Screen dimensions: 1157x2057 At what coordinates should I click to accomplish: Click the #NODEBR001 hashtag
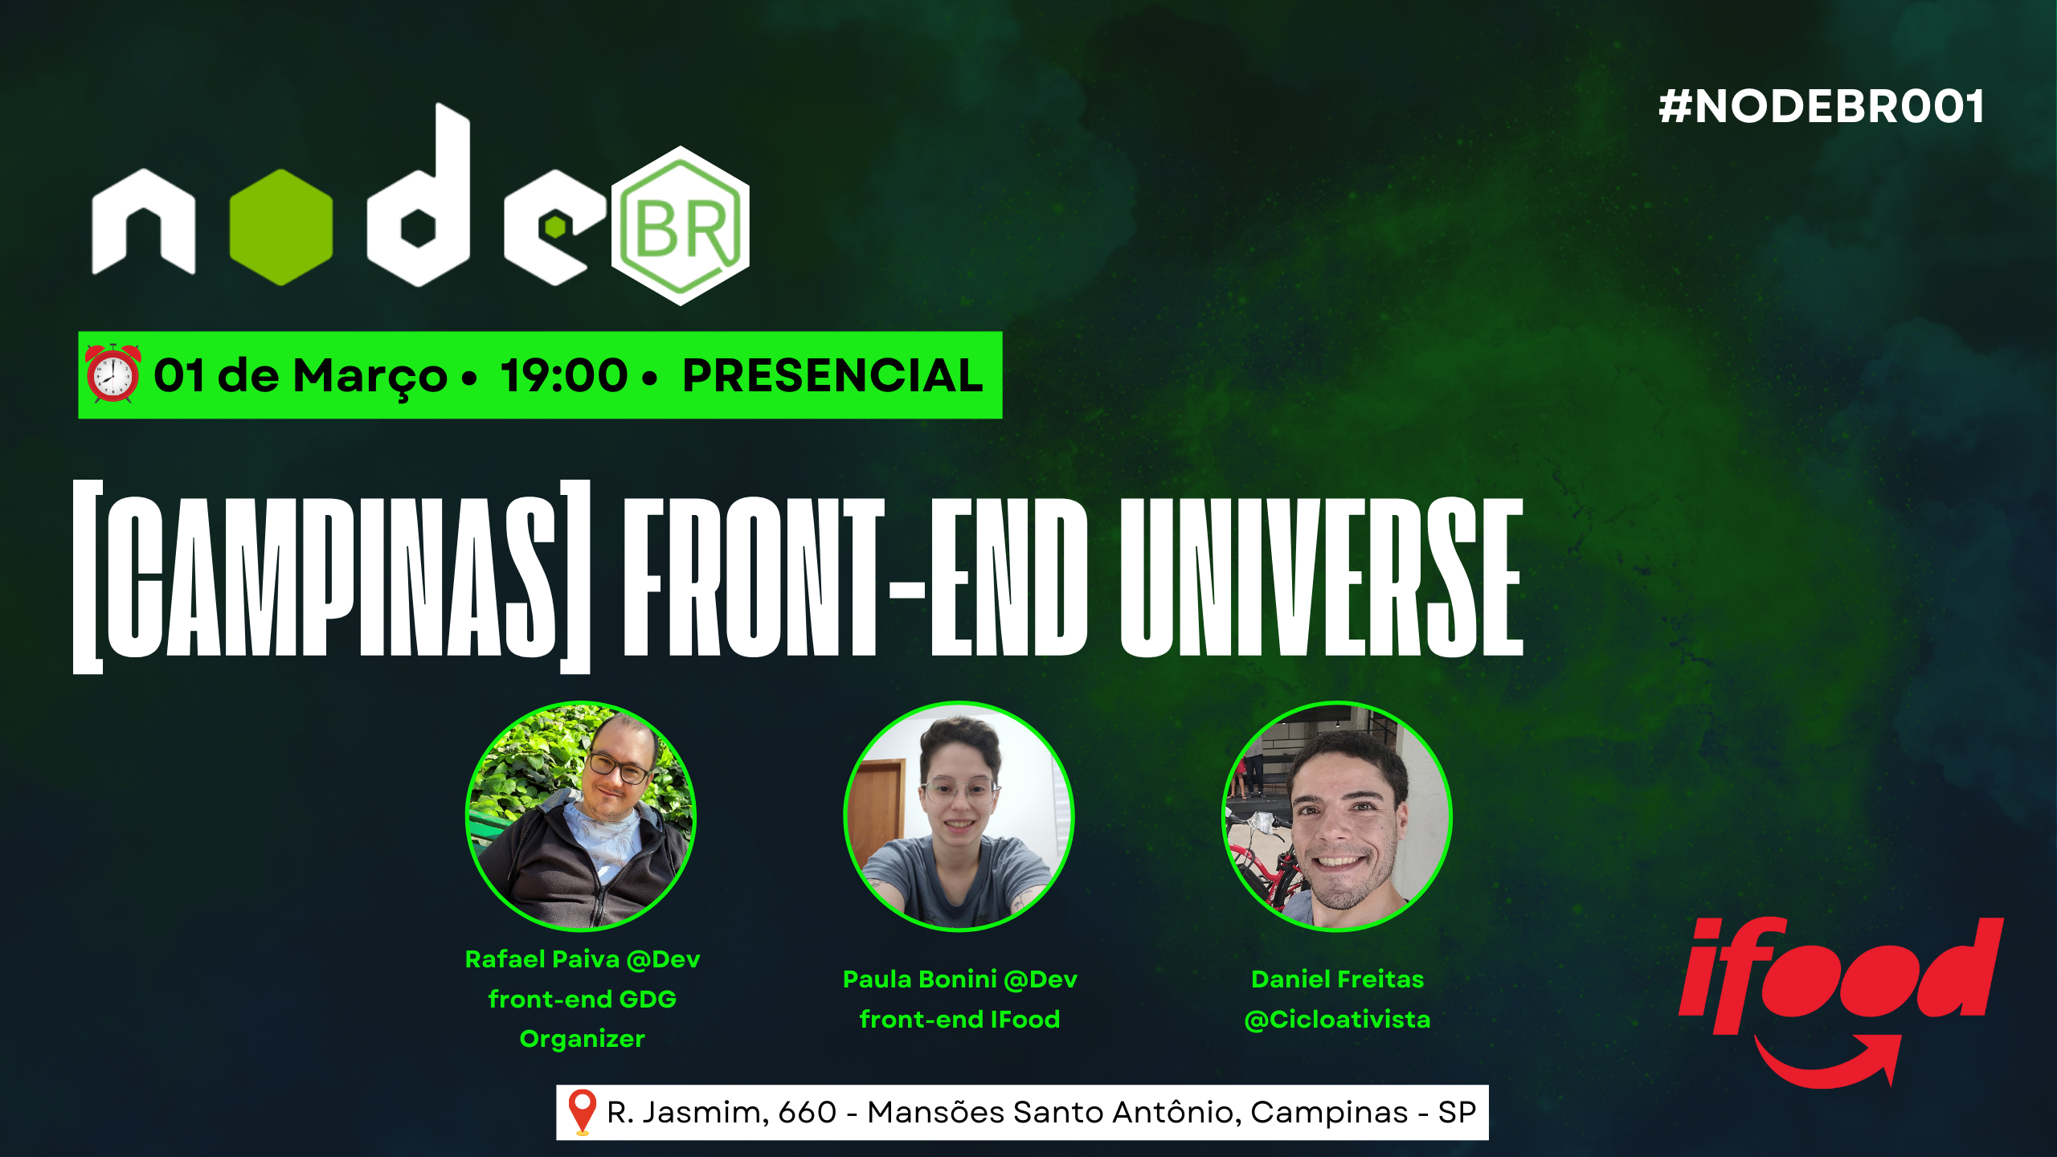[1821, 107]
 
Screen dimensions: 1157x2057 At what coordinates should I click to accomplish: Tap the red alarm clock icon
[113, 374]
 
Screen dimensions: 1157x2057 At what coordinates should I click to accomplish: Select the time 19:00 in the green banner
[563, 375]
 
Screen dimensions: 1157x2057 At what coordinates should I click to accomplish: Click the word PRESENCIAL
[832, 375]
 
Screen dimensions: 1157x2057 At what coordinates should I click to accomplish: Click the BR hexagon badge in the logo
[681, 226]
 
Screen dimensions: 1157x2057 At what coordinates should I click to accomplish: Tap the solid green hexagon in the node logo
[280, 227]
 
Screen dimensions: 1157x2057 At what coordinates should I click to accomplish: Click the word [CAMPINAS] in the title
[331, 576]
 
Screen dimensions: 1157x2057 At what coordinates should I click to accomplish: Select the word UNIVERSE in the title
[1321, 576]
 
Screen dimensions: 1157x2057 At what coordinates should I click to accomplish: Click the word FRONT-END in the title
[855, 576]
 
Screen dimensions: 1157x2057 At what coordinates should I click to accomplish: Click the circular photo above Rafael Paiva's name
[581, 816]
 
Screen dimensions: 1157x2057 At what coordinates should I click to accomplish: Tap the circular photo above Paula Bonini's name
[959, 816]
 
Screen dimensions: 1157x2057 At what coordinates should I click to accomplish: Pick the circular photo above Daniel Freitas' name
[1337, 816]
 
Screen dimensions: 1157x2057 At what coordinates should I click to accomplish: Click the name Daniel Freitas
[1337, 979]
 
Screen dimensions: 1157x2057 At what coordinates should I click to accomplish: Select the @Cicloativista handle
[1337, 1020]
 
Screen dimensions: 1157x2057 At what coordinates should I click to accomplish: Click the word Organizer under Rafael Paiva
[582, 1039]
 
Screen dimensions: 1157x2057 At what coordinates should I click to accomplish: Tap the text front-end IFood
[959, 1020]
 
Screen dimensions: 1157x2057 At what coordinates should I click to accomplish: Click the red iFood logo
[1840, 996]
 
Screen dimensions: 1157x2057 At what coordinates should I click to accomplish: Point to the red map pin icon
[582, 1112]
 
